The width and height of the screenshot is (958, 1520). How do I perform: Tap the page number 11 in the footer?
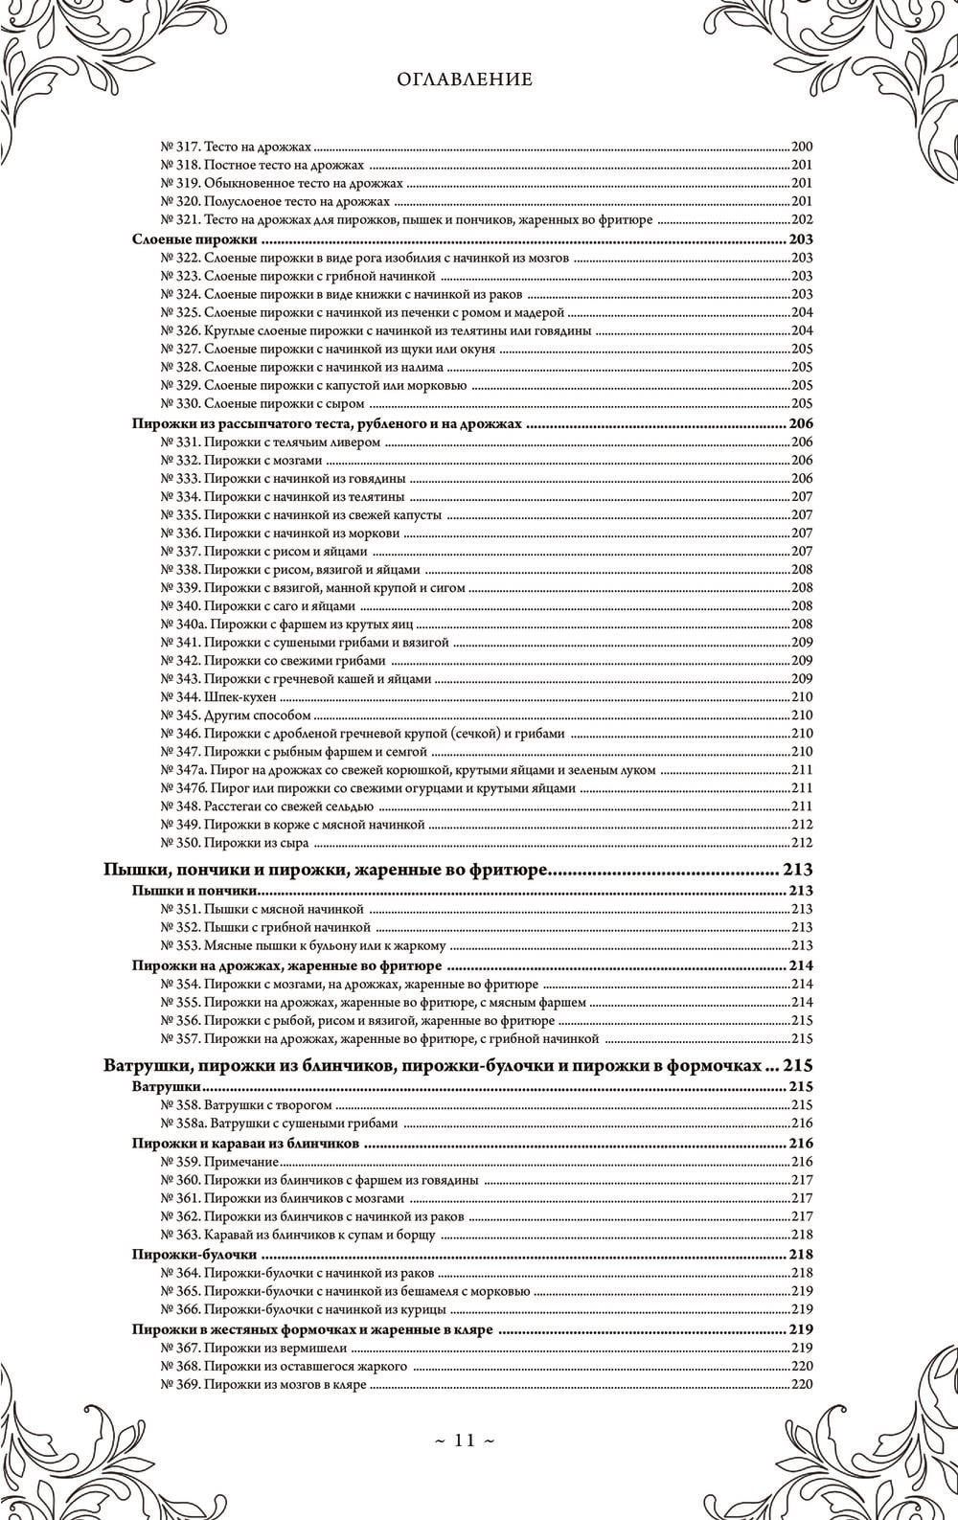pyautogui.click(x=477, y=1440)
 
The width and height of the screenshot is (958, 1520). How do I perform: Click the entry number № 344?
pyautogui.click(x=179, y=697)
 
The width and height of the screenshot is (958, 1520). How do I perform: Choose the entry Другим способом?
pyautogui.click(x=257, y=715)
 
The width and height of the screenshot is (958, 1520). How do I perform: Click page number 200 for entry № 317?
pyautogui.click(x=801, y=147)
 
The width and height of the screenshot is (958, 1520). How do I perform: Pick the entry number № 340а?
pyautogui.click(x=182, y=624)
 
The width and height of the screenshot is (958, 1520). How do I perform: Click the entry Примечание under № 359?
pyautogui.click(x=240, y=1162)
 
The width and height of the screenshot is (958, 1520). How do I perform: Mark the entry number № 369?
pyautogui.click(x=179, y=1385)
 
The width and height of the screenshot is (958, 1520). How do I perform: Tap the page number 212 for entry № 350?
pyautogui.click(x=801, y=843)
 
